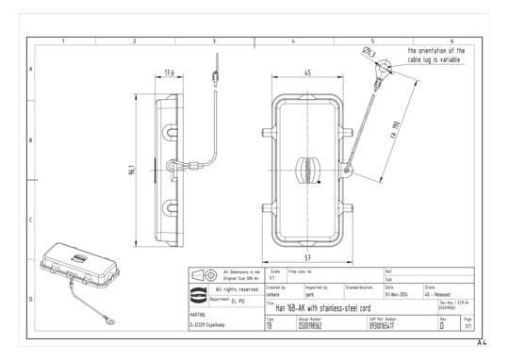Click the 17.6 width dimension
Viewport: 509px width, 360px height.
click(x=170, y=73)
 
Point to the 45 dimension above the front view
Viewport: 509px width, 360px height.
click(x=308, y=74)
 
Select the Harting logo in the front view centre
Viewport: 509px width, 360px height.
click(x=308, y=170)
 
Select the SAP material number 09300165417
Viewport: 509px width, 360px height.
click(x=386, y=325)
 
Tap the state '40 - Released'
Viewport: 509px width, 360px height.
click(x=440, y=293)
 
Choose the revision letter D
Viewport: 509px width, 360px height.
click(x=442, y=325)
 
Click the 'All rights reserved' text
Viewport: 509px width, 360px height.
click(x=238, y=289)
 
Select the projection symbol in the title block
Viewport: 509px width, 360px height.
click(x=201, y=274)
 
